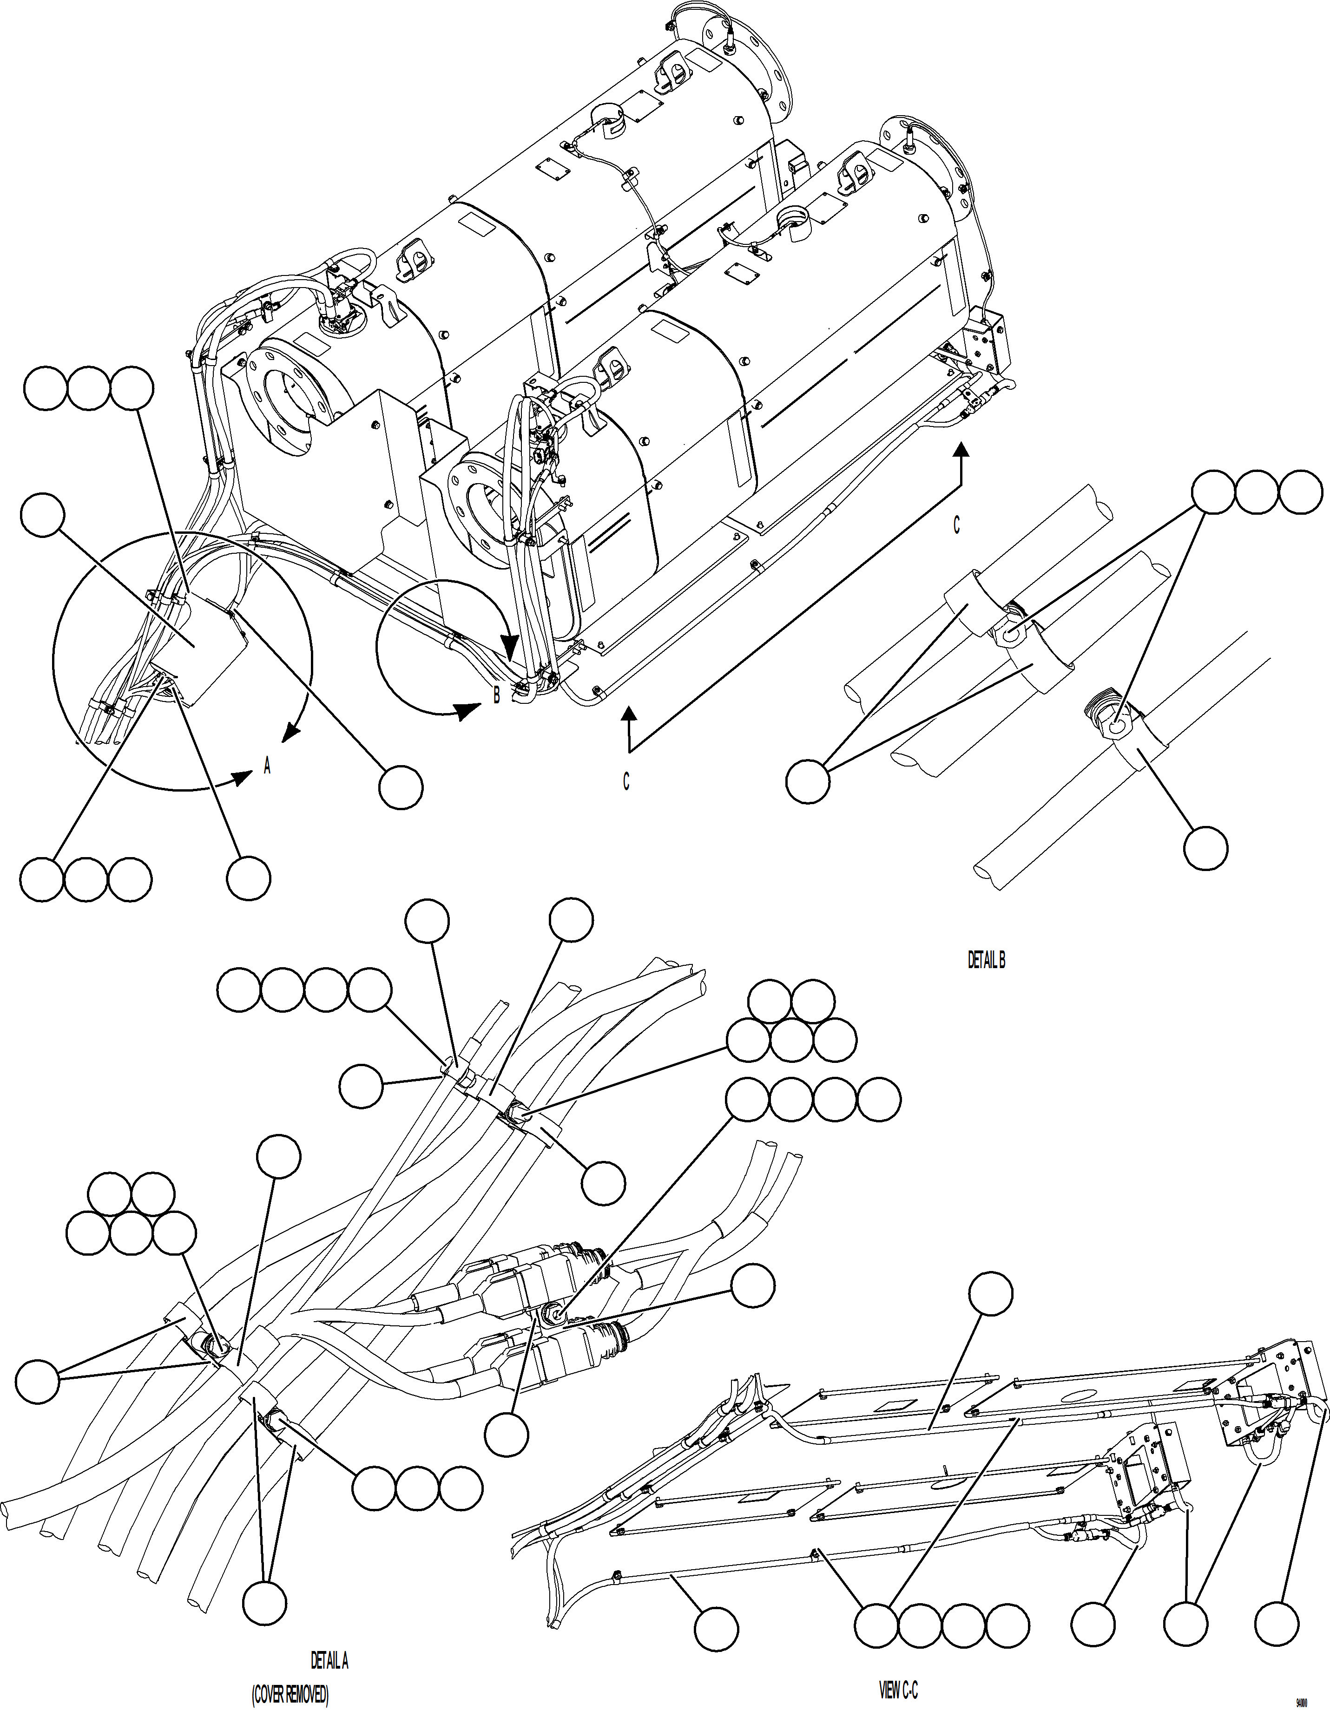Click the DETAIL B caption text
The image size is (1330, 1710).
pyautogui.click(x=986, y=961)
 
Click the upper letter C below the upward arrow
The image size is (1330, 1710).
pyautogui.click(x=956, y=525)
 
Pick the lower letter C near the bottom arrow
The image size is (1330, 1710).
pyautogui.click(x=626, y=781)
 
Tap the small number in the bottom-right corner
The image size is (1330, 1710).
pyautogui.click(x=1302, y=1702)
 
